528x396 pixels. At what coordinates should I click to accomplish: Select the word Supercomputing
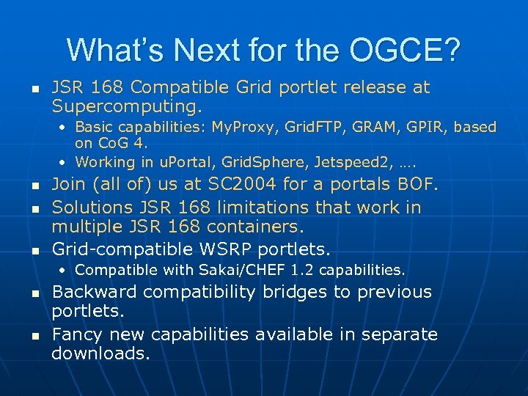click(126, 107)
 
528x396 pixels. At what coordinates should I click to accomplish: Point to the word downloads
click(100, 354)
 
